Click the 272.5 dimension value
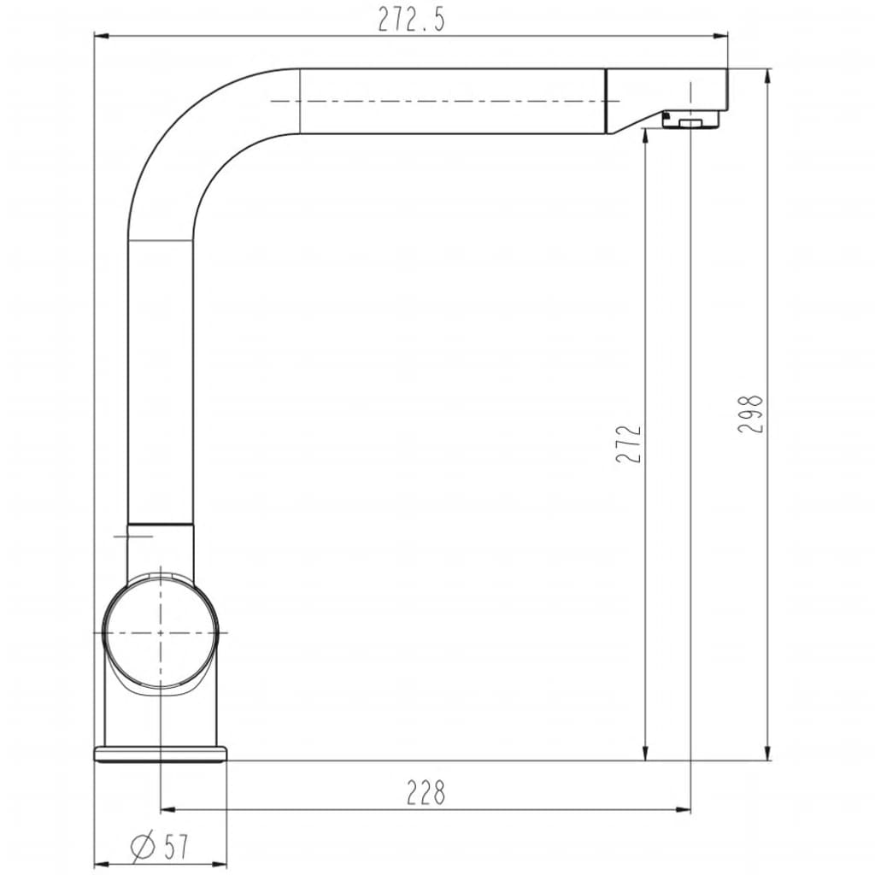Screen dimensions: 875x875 click(x=411, y=21)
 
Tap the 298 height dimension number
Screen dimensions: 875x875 click(x=750, y=414)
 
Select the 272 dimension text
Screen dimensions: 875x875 click(x=630, y=443)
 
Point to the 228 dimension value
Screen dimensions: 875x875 click(x=426, y=792)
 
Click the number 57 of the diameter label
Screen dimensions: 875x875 click(x=177, y=847)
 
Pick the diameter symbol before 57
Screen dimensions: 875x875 click(x=143, y=847)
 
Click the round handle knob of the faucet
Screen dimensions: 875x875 click(x=160, y=633)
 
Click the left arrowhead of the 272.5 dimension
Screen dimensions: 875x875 click(x=101, y=37)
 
